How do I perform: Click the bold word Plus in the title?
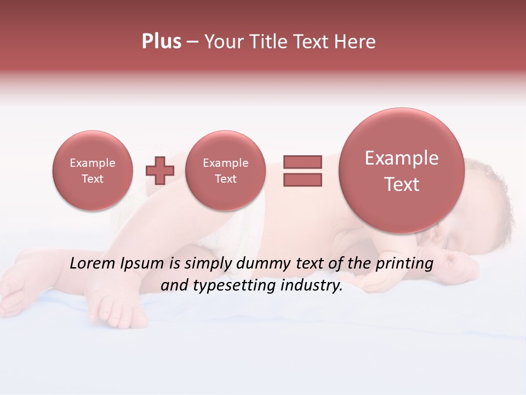point(161,42)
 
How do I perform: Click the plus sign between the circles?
point(160,171)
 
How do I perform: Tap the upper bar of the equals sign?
point(302,162)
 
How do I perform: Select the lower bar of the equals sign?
point(302,179)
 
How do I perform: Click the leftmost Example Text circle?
point(93,171)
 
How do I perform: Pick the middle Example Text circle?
point(225,171)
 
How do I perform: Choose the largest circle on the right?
point(402,171)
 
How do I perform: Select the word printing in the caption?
point(404,263)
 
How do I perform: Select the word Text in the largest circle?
point(402,184)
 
